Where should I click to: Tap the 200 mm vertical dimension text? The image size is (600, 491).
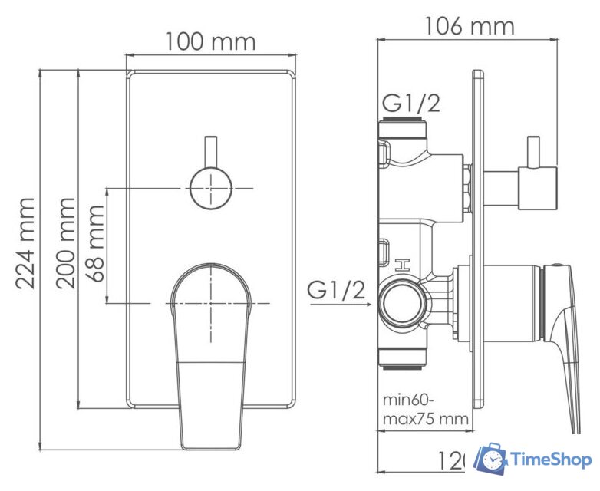coord(65,242)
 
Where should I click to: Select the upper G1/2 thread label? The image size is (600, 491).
coord(412,103)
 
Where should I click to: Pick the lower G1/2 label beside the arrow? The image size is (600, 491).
coord(335,291)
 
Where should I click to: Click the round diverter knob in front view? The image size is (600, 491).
coord(209,187)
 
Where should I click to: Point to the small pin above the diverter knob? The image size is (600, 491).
coord(209,151)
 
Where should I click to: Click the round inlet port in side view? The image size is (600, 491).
coord(401,302)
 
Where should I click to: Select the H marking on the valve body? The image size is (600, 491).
coord(401,266)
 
